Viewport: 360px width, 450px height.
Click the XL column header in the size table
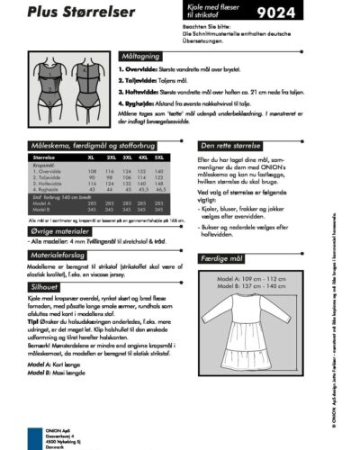pyautogui.click(x=92, y=157)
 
